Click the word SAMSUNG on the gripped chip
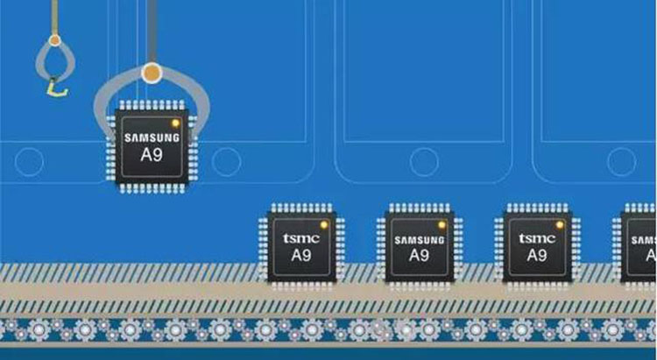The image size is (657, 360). point(152,138)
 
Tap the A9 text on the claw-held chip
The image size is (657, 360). point(152,155)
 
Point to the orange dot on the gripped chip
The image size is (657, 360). point(175,124)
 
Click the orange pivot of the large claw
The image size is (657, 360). point(152,73)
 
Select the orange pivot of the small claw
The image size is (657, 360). point(54,40)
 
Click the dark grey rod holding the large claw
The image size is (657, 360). point(152,32)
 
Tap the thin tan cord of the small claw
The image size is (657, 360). point(54,18)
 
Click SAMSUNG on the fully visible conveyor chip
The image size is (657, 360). point(419,241)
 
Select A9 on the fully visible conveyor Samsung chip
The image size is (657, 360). point(419,255)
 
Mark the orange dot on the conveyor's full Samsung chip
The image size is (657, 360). point(442,225)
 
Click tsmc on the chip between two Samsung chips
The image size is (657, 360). point(537,239)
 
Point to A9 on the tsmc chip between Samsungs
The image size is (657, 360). point(537,255)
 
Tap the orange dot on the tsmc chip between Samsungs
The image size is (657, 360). point(560,225)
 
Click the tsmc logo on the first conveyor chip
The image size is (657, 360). point(301,239)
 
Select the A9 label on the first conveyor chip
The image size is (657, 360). point(301,255)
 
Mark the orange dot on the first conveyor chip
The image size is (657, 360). point(324,225)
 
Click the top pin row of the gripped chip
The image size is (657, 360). point(152,105)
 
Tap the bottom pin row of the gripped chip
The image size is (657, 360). point(152,188)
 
